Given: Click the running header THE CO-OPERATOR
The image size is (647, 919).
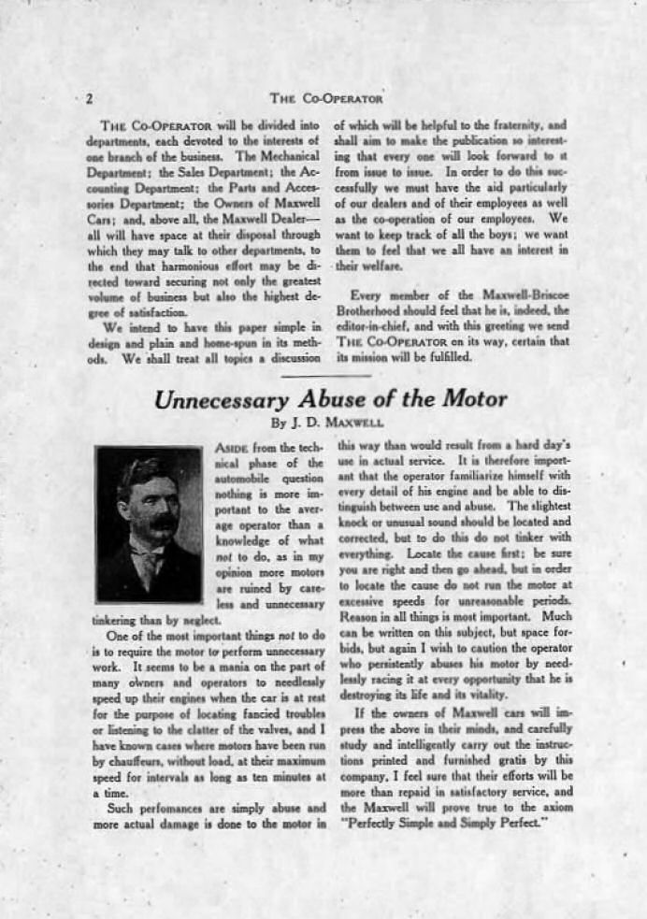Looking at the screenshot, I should pyautogui.click(x=325, y=97).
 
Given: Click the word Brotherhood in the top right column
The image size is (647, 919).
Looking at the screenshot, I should pyautogui.click(x=373, y=310).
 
